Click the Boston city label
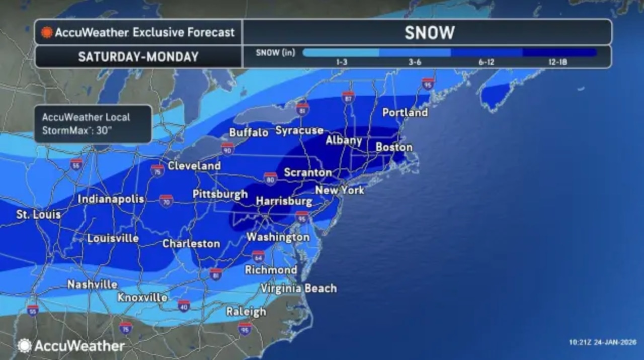click(394, 148)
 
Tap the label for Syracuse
click(299, 131)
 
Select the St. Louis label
click(38, 215)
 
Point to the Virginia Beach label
click(298, 289)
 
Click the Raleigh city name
click(246, 312)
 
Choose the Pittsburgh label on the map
click(220, 194)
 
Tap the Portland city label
click(405, 113)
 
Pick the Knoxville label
click(142, 298)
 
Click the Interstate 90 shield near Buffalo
click(227, 149)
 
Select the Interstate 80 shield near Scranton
click(271, 178)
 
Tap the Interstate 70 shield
click(167, 201)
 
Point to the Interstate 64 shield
click(258, 256)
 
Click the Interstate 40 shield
click(184, 305)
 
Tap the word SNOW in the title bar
click(429, 33)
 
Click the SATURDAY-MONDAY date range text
click(138, 57)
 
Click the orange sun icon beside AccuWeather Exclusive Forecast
click(47, 33)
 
